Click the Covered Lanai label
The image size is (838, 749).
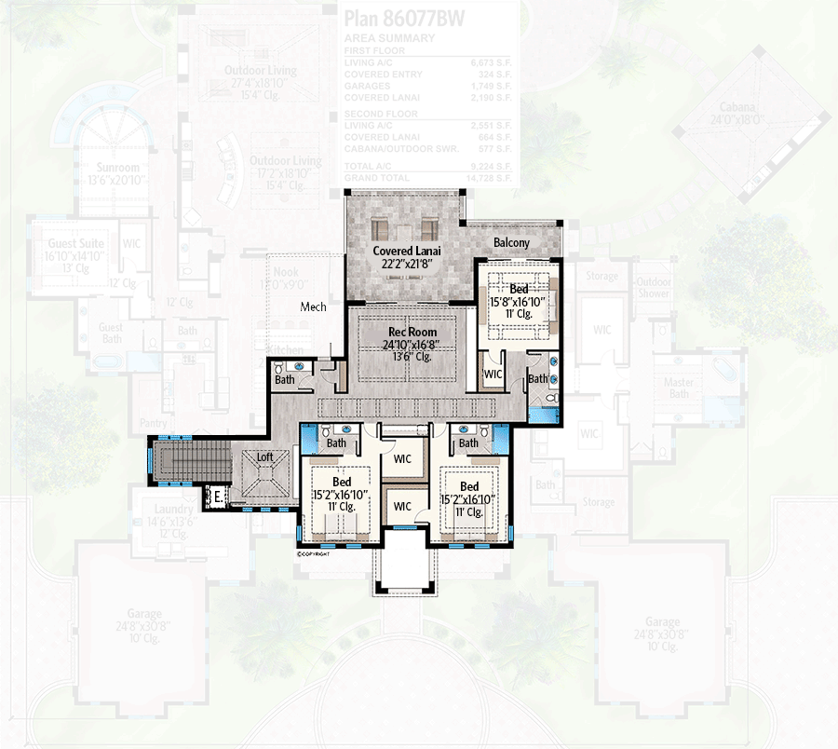(x=406, y=251)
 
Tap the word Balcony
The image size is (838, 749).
(x=511, y=242)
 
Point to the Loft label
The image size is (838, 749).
(x=265, y=457)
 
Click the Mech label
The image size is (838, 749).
(x=313, y=306)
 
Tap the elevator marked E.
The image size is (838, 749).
(x=217, y=497)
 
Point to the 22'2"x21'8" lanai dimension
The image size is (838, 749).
(x=406, y=264)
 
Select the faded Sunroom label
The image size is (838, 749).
(x=117, y=168)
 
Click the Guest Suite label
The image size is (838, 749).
(x=76, y=243)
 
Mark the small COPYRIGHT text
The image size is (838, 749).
(x=315, y=553)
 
